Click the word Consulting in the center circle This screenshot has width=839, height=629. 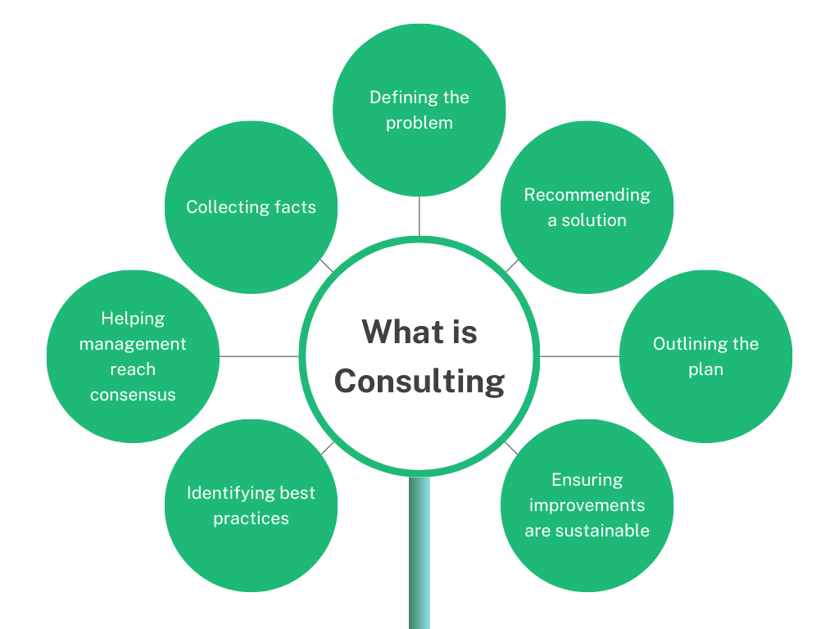pos(419,382)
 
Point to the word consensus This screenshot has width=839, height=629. pos(133,395)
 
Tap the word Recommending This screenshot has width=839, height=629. pos(587,195)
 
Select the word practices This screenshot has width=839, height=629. pos(251,518)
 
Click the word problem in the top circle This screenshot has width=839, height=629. pos(419,123)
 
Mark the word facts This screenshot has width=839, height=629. pos(296,207)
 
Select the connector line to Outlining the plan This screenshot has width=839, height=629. pos(579,356)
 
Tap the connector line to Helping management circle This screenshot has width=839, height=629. pos(259,356)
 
